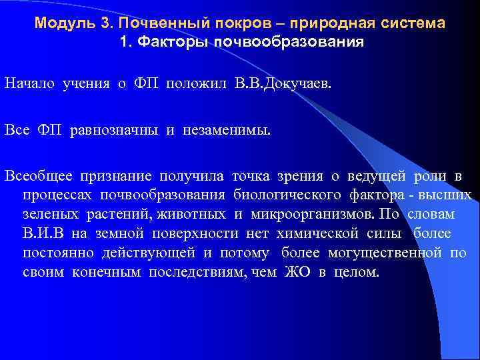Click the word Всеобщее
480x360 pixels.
click(39, 176)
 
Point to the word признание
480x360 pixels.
click(116, 176)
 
